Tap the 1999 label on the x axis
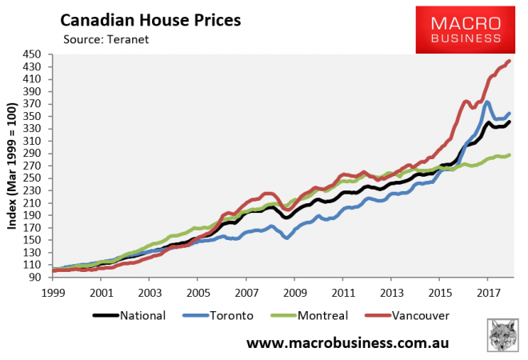(x=52, y=291)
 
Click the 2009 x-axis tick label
(x=295, y=291)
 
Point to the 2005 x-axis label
(x=198, y=291)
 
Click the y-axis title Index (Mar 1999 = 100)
(x=13, y=166)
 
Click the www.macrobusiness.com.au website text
(x=346, y=344)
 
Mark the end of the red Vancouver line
(x=510, y=62)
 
